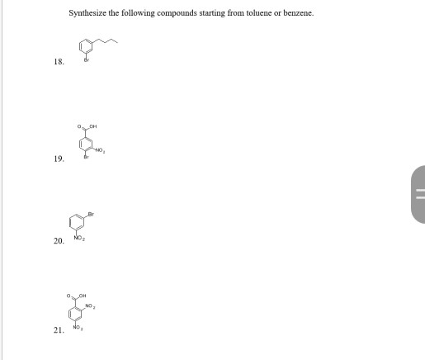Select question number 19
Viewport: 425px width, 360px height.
pyautogui.click(x=58, y=161)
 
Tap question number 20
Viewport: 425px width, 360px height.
pyautogui.click(x=58, y=241)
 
